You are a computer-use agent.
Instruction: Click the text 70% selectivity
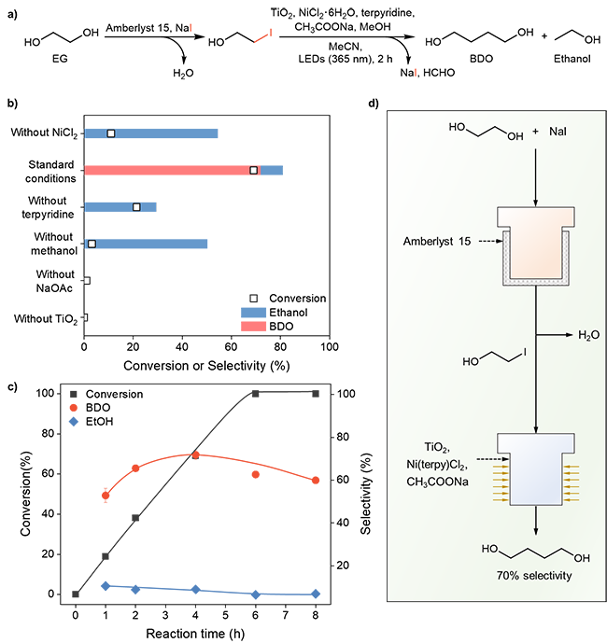pos(534,576)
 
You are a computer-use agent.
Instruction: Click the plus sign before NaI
pos(536,132)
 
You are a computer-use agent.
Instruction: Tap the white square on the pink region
pos(253,170)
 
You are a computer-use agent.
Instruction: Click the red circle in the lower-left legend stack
pos(74,408)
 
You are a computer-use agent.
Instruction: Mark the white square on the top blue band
pos(110,133)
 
